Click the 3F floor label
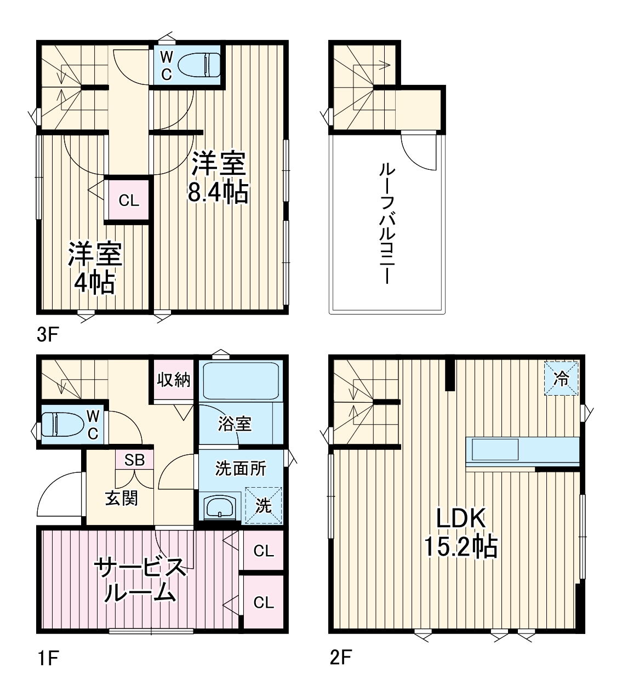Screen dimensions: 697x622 (x=47, y=334)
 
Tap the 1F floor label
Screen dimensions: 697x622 (x=47, y=657)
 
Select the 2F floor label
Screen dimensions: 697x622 (x=340, y=656)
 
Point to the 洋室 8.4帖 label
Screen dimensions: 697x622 (x=218, y=178)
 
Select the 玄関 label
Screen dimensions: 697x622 (x=121, y=498)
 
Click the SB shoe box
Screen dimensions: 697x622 (x=134, y=460)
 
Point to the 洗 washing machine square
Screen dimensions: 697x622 (x=264, y=506)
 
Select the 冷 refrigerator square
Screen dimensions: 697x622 (x=561, y=378)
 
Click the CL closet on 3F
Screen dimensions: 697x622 (x=129, y=201)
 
